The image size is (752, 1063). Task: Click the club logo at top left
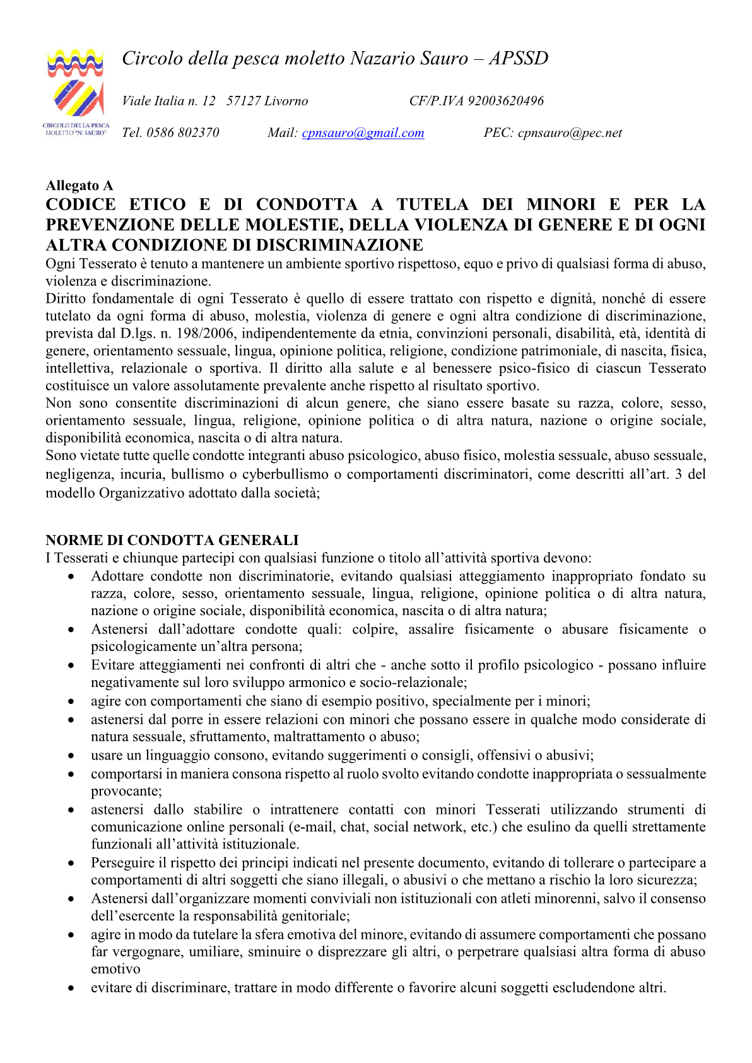(76, 91)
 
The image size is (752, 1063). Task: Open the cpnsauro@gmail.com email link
(363, 133)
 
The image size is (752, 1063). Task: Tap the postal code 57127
(244, 101)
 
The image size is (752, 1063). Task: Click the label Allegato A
(79, 185)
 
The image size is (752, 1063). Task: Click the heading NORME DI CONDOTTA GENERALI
(172, 540)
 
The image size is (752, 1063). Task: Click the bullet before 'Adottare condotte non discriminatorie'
(74, 577)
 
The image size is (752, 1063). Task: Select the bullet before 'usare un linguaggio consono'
(74, 756)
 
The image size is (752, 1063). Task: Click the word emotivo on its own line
(115, 970)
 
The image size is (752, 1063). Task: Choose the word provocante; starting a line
(126, 791)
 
